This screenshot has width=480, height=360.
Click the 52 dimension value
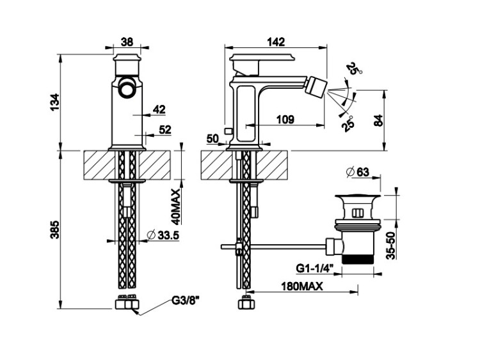tap(165, 129)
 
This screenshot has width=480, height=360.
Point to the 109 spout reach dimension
tap(285, 118)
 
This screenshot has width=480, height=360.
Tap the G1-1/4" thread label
tap(314, 267)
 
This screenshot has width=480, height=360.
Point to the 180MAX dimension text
tap(301, 287)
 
